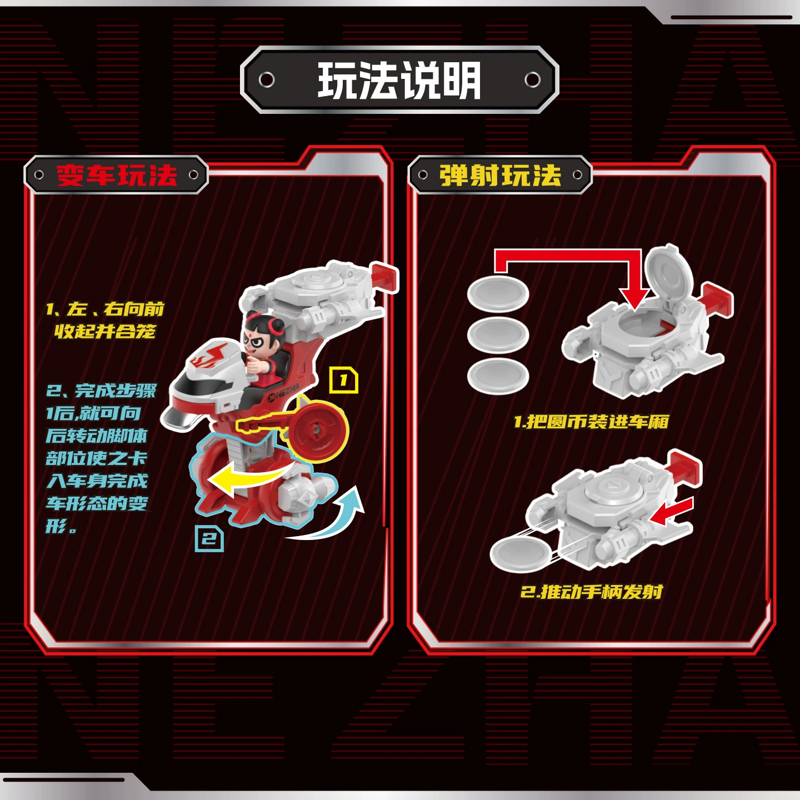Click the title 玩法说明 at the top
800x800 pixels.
(x=399, y=80)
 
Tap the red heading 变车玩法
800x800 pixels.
(x=117, y=175)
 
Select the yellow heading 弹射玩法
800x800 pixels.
(x=500, y=175)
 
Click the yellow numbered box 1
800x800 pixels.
(x=343, y=380)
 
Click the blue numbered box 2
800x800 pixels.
(x=209, y=539)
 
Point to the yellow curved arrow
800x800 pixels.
(x=249, y=477)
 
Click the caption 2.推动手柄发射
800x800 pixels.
(x=591, y=592)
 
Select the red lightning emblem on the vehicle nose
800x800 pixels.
(x=210, y=354)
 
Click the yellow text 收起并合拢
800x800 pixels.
(x=105, y=331)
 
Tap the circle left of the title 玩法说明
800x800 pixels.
(x=266, y=79)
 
